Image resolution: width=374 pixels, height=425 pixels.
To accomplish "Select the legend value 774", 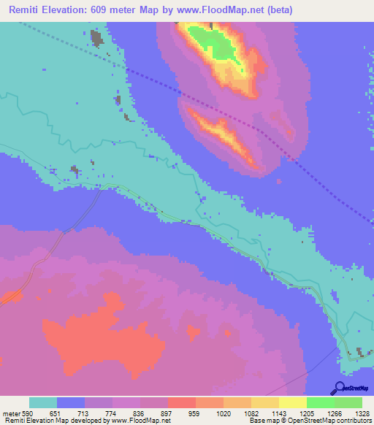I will pos(112,413).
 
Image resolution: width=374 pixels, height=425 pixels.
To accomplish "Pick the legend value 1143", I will pos(278,413).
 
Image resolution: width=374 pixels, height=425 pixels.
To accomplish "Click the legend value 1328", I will pos(362,413).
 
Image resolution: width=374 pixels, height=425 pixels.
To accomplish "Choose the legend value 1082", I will pos(251,413).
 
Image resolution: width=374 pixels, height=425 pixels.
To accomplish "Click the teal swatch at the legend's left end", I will pos(43,402).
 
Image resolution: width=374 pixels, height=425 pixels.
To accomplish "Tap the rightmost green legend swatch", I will pos(348,402).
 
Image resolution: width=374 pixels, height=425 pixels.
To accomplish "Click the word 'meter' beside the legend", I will pos(11,413).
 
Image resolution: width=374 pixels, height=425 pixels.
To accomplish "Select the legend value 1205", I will pos(306,413).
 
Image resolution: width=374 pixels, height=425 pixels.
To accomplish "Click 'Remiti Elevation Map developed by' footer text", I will pos(54,421).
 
